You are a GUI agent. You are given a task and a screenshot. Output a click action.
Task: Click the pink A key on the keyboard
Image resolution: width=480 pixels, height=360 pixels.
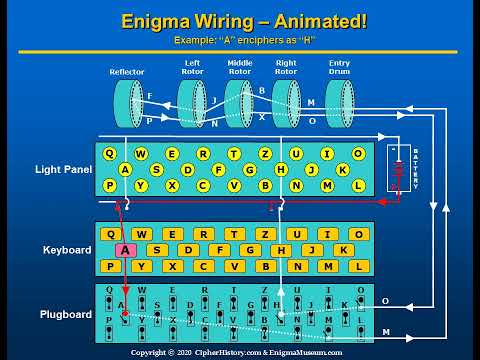pyautogui.click(x=127, y=250)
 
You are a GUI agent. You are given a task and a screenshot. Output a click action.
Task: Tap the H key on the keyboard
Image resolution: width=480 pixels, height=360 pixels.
pyautogui.click(x=281, y=250)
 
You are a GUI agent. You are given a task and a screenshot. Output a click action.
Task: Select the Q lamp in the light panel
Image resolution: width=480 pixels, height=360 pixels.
pyautogui.click(x=110, y=154)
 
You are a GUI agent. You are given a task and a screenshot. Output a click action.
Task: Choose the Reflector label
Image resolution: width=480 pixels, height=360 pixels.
pyautogui.click(x=126, y=73)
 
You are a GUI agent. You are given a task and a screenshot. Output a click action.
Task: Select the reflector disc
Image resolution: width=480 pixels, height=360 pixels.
pyautogui.click(x=128, y=103)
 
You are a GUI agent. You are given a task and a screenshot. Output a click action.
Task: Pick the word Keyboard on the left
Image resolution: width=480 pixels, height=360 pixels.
pyautogui.click(x=67, y=250)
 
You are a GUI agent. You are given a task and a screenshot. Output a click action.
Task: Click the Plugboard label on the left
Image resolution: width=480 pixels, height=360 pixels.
pyautogui.click(x=67, y=314)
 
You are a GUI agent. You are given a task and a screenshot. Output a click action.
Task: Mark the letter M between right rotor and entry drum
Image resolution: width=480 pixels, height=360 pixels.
pyautogui.click(x=311, y=102)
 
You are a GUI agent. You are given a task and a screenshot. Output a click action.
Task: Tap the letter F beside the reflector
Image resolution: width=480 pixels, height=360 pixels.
pyautogui.click(x=150, y=96)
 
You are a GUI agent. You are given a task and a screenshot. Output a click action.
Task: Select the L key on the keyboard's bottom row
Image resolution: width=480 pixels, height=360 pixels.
pyautogui.click(x=357, y=266)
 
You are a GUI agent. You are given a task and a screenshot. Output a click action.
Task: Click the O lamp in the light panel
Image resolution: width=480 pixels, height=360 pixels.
pyautogui.click(x=358, y=154)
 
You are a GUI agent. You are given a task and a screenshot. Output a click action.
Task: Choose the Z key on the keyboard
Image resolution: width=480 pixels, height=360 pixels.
pyautogui.click(x=265, y=234)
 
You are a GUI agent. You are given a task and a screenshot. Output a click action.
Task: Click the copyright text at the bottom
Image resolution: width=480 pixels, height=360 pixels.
pyautogui.click(x=238, y=353)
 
